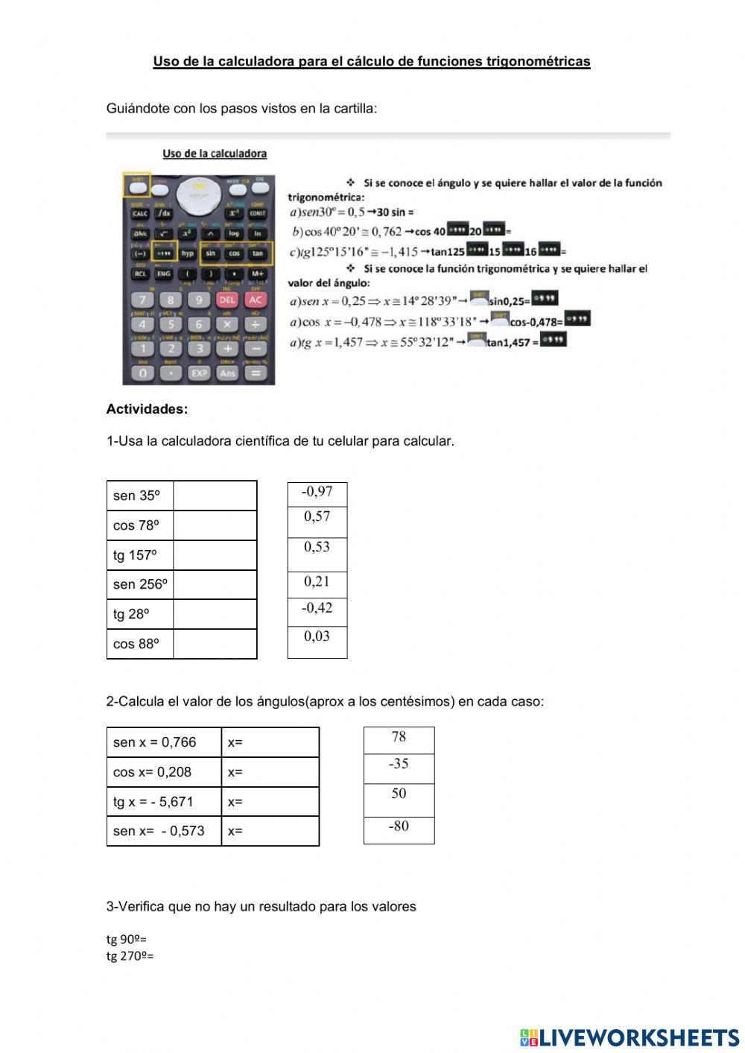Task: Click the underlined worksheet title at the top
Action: (372, 62)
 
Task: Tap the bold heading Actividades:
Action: (147, 409)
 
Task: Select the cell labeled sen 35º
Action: (140, 496)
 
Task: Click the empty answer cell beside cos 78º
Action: (215, 525)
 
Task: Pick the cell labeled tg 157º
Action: (140, 555)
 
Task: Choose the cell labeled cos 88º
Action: (140, 644)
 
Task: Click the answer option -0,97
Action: (317, 493)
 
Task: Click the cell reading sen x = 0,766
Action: (164, 742)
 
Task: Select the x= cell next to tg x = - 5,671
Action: (270, 802)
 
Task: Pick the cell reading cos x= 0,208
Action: (164, 772)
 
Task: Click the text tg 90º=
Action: (127, 939)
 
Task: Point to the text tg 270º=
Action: (130, 956)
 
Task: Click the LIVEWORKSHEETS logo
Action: (630, 1037)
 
